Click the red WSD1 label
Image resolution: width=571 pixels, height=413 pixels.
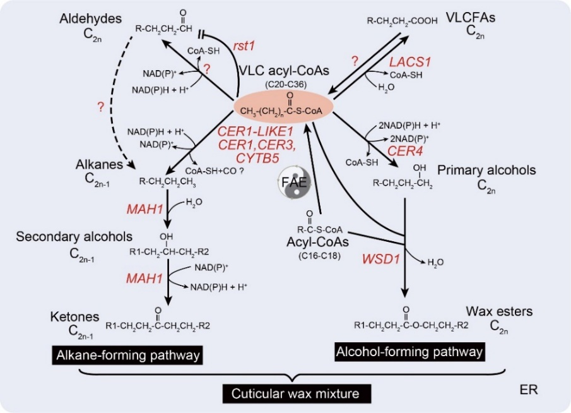click(379, 258)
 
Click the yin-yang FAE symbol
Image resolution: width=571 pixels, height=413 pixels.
click(291, 184)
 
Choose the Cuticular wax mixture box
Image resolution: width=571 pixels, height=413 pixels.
click(295, 393)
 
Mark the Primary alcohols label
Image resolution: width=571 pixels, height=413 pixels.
click(495, 171)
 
